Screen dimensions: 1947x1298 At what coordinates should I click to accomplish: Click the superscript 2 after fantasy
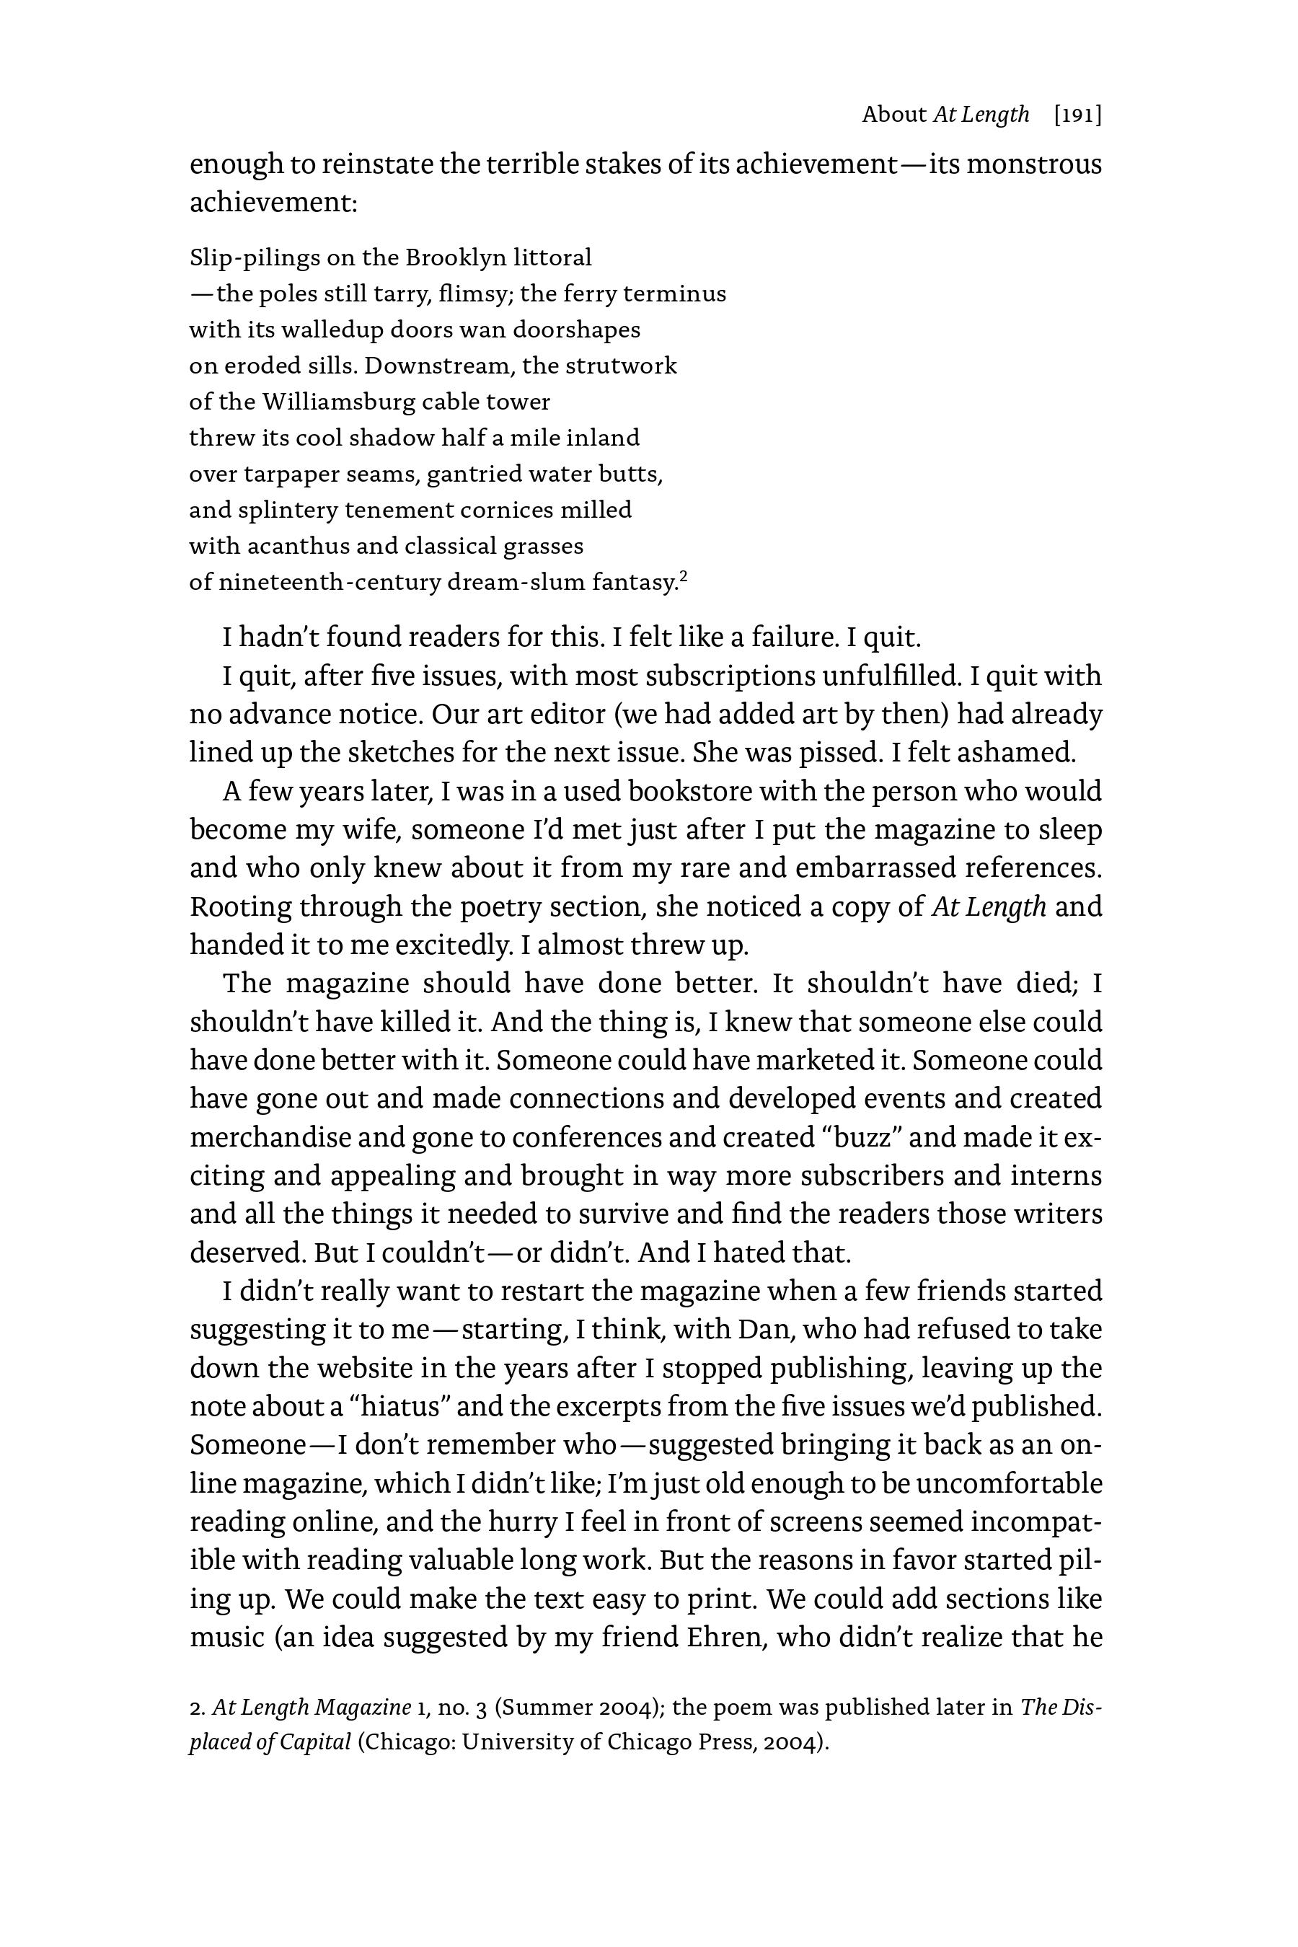point(684,576)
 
